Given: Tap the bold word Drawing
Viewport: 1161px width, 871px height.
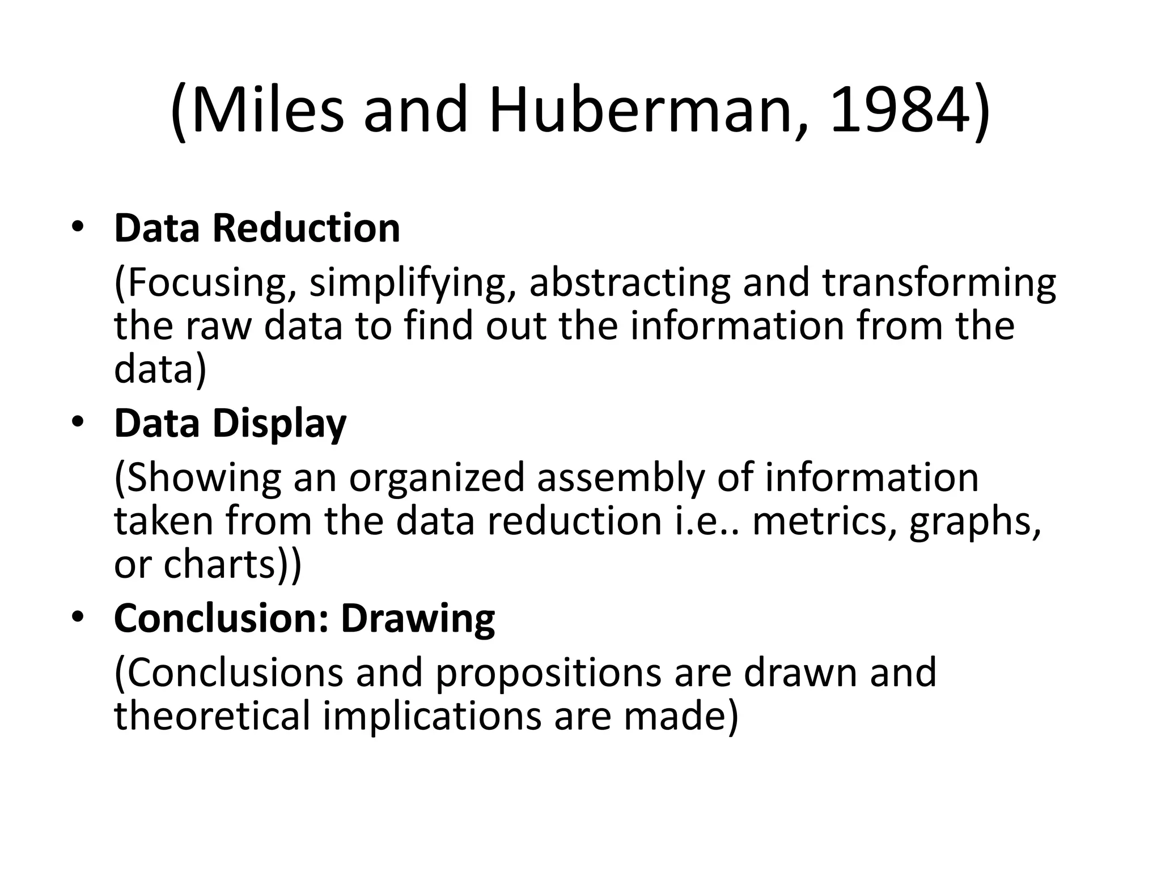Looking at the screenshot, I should click(418, 619).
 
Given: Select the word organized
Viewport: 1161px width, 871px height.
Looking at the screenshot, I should click(437, 478).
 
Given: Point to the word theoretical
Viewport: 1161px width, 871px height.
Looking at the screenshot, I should click(213, 715).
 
